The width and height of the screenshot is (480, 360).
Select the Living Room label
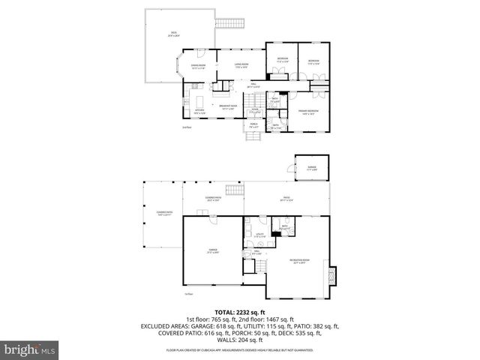click(241, 65)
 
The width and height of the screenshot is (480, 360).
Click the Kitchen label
click(199, 112)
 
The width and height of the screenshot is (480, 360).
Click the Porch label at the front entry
click(254, 124)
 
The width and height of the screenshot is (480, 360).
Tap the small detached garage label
click(311, 169)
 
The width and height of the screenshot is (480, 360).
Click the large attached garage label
click(212, 251)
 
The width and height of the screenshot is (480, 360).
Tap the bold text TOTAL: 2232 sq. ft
click(240, 311)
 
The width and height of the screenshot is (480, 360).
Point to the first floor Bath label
click(284, 227)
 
